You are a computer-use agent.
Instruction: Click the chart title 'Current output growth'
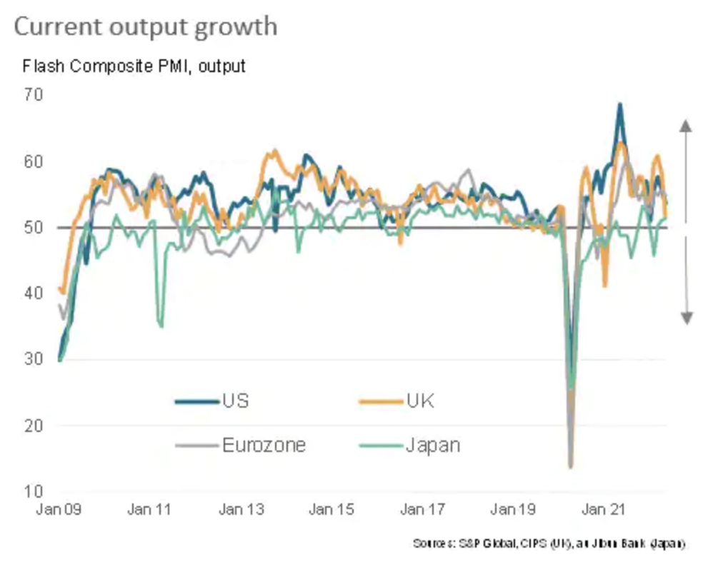point(145,27)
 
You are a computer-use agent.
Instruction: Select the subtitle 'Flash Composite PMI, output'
point(134,66)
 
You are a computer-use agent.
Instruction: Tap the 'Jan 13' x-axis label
point(241,510)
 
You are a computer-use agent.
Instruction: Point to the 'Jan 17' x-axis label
point(422,510)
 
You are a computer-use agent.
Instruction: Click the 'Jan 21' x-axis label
point(603,510)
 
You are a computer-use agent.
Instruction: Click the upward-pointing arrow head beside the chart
point(685,127)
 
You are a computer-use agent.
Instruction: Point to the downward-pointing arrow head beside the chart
point(685,318)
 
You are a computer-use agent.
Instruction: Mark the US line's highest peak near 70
point(619,104)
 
